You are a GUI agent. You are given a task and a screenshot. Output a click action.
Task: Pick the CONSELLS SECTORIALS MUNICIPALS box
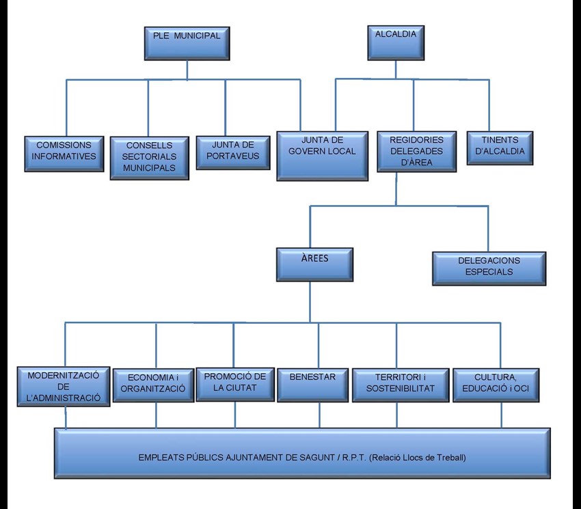click(149, 157)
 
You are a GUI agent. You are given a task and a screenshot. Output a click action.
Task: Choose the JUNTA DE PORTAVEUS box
click(232, 152)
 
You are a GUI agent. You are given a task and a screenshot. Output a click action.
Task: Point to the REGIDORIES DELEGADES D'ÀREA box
click(416, 151)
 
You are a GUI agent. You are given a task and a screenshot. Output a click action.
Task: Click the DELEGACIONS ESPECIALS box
click(489, 267)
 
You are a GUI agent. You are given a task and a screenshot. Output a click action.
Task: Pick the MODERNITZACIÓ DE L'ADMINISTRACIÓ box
click(64, 387)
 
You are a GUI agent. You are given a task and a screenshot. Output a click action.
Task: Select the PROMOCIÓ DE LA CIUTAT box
click(234, 383)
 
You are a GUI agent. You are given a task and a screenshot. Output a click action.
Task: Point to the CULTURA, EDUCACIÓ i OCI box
click(496, 384)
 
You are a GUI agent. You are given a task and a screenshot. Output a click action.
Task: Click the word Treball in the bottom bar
click(450, 458)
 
